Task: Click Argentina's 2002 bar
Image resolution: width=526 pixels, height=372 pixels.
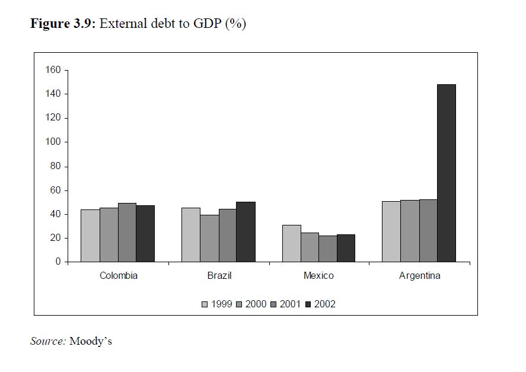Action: tap(447, 173)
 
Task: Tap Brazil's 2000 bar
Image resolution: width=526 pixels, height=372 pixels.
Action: tap(209, 238)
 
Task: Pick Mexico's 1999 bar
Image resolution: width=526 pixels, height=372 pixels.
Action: tap(291, 243)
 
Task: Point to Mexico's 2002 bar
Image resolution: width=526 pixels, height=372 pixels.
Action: tap(346, 248)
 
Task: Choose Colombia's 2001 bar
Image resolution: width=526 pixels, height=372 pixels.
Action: tap(127, 232)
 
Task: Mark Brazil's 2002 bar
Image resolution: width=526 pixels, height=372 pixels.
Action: tap(246, 231)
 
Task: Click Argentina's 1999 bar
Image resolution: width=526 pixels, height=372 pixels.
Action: tap(391, 231)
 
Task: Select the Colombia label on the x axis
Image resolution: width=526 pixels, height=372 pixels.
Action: tap(118, 276)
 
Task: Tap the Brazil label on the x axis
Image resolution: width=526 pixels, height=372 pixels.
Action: tap(219, 276)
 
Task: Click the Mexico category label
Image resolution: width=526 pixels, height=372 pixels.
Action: tap(318, 276)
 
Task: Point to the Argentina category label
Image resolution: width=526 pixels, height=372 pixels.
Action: tap(419, 276)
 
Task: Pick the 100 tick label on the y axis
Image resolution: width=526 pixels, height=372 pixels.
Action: tap(53, 142)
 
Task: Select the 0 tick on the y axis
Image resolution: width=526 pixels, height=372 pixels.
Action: tap(58, 262)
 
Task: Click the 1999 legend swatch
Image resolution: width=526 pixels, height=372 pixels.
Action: tap(205, 304)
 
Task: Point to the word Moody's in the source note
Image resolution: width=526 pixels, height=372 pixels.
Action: tap(91, 341)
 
